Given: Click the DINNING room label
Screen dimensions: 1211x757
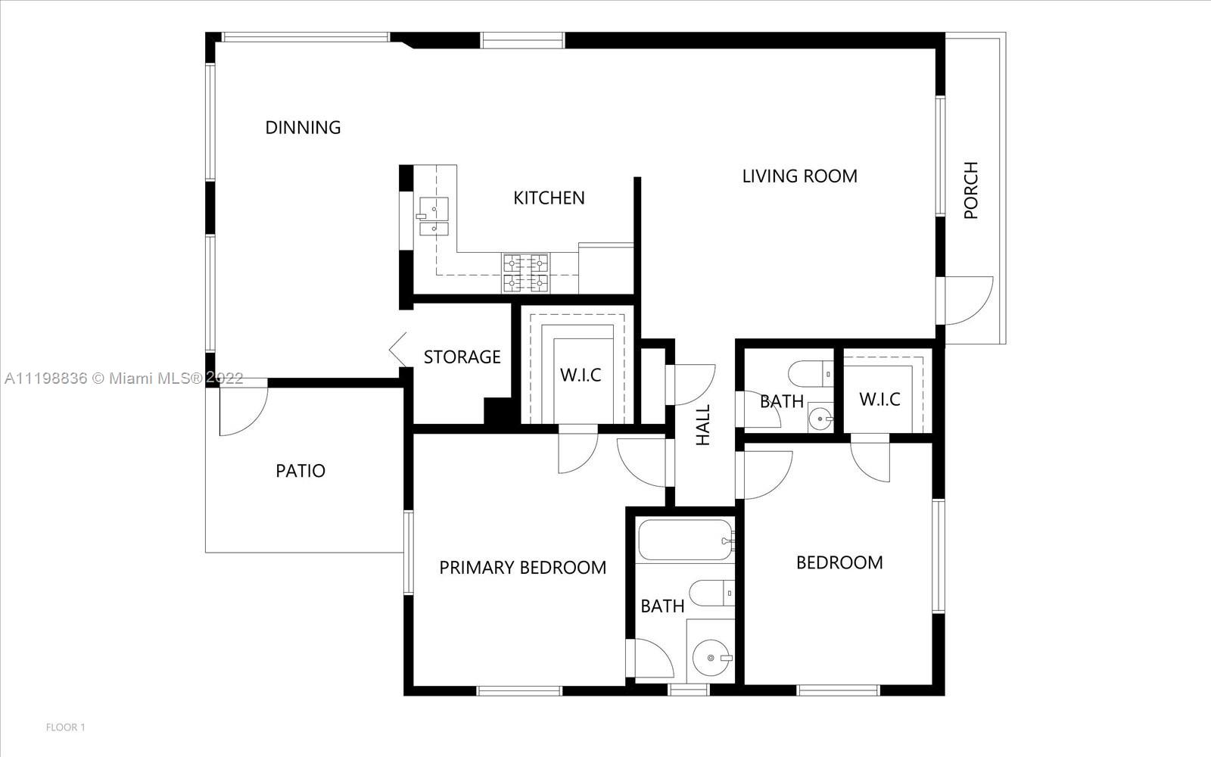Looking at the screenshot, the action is [x=303, y=128].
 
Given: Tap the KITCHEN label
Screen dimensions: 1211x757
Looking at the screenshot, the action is [x=549, y=198].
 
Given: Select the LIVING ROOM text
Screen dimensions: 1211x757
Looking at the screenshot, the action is [x=799, y=176].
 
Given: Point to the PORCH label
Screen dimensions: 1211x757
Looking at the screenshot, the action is [x=971, y=190].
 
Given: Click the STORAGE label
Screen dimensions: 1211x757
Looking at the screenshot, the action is [x=462, y=357].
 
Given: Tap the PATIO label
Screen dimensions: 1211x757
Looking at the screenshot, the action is [x=300, y=471].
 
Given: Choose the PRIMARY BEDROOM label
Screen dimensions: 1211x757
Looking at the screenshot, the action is [x=523, y=568].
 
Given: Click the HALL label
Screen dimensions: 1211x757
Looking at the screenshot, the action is [x=702, y=425].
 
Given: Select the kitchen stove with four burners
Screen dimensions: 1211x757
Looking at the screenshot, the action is [x=526, y=273].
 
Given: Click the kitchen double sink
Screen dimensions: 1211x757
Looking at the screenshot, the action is [x=433, y=217].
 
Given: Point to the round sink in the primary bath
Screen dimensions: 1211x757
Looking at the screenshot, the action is [x=711, y=658].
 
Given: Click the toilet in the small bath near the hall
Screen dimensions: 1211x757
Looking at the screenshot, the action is [x=811, y=374].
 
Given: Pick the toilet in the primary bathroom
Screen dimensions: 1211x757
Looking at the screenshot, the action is [x=712, y=593].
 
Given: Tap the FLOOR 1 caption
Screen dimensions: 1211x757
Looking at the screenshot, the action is [x=65, y=727].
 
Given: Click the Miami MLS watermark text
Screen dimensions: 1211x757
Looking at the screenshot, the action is [x=124, y=378].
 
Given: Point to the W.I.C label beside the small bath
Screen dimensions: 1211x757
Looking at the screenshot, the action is [x=879, y=400].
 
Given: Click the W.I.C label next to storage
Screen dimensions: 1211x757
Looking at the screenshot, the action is [x=581, y=375].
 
